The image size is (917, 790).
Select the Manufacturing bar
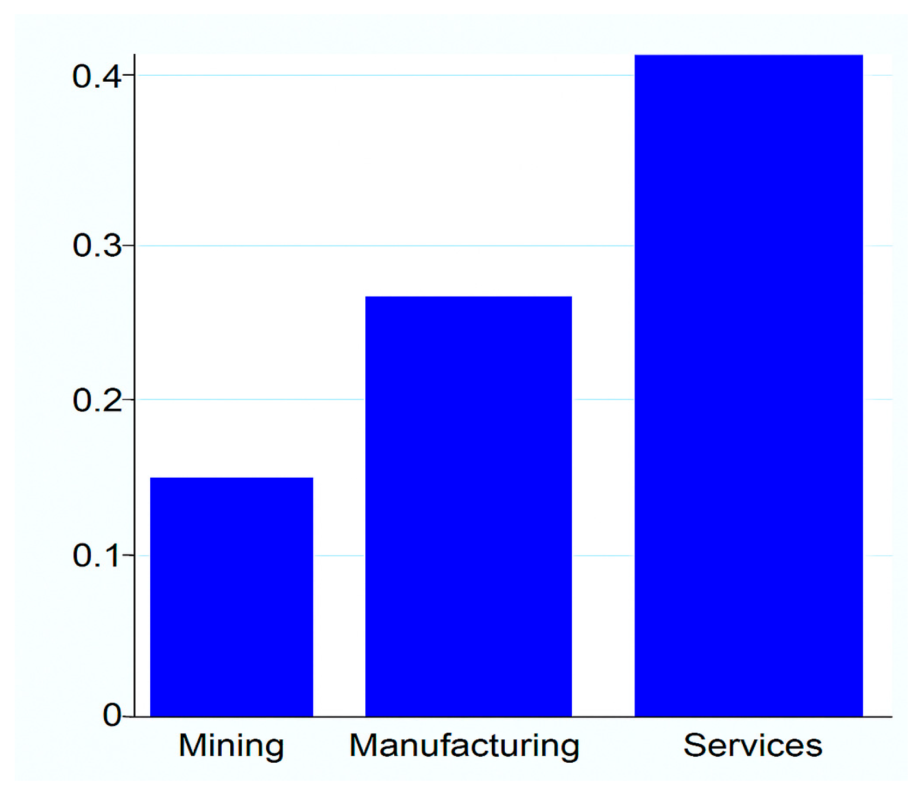[x=468, y=506]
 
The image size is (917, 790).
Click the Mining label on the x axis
[x=231, y=745]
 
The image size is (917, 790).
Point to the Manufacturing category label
[x=464, y=745]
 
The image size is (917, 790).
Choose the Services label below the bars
[x=753, y=745]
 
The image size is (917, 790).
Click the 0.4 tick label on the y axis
[x=96, y=76]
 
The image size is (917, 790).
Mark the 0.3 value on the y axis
[x=96, y=245]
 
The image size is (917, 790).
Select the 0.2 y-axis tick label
[x=96, y=400]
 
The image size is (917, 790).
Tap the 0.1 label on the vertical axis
[x=96, y=556]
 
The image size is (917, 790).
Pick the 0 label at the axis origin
[x=112, y=715]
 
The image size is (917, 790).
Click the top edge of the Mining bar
[x=231, y=478]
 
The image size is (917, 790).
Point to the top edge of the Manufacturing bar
[x=468, y=297]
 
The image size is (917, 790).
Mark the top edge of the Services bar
[x=749, y=55]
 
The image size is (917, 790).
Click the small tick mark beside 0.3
[x=129, y=246]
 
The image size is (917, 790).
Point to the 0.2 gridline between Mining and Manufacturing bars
[x=339, y=399]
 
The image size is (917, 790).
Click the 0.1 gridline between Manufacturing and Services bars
[x=603, y=556]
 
